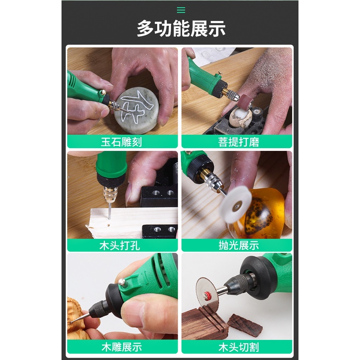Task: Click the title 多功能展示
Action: (181, 28)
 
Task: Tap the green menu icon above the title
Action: (181, 10)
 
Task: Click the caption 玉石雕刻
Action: (122, 142)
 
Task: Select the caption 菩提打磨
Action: (238, 142)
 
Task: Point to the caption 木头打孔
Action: (119, 246)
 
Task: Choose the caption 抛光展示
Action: (238, 246)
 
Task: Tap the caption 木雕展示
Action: (122, 347)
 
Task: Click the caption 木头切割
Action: (238, 347)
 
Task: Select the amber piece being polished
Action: (261, 213)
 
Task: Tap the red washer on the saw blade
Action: (208, 294)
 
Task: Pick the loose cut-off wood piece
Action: (245, 324)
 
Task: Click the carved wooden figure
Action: (76, 318)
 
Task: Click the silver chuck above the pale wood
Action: (110, 194)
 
